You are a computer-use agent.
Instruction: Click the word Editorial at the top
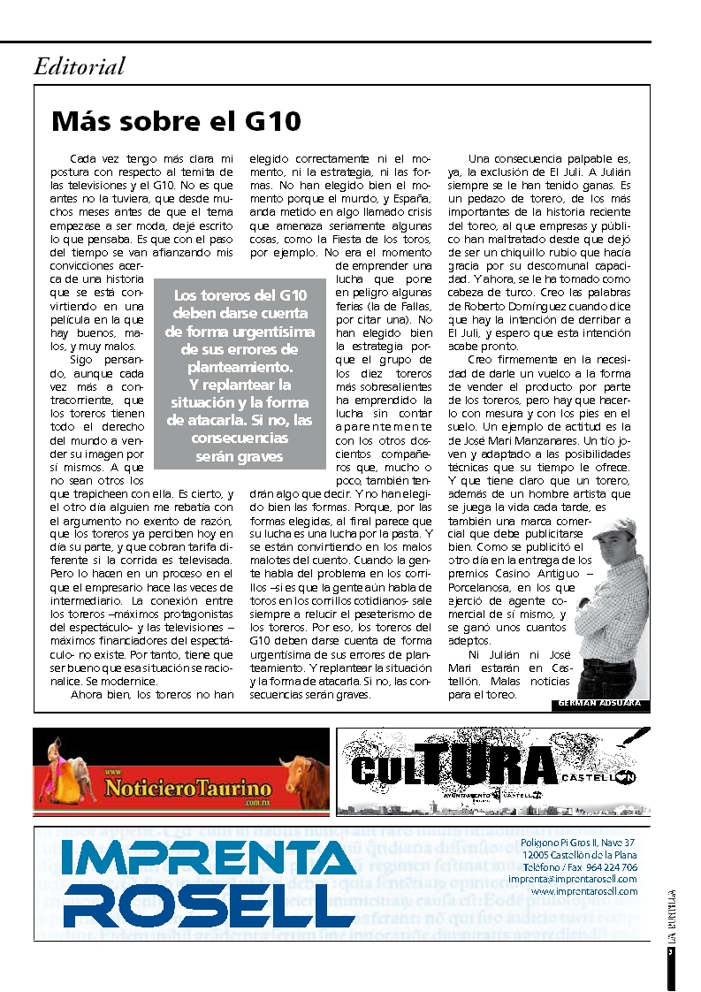(x=80, y=66)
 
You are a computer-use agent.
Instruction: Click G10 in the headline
(x=270, y=120)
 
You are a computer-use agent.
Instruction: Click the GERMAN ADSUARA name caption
(x=600, y=705)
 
